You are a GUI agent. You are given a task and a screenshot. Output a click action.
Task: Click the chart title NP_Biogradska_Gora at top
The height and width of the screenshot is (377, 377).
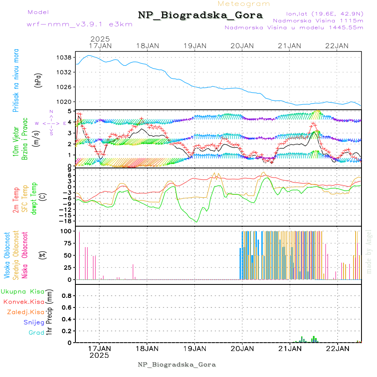[x=200, y=15]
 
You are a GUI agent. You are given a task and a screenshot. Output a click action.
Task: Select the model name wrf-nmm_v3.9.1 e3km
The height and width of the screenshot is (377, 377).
[x=80, y=24]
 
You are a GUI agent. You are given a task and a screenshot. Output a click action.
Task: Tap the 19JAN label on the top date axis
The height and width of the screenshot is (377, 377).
[x=195, y=46]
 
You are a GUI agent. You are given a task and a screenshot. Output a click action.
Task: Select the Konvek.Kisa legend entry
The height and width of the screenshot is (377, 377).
[x=23, y=302]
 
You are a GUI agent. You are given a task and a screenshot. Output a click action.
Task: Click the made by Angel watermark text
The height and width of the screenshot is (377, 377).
[x=369, y=251]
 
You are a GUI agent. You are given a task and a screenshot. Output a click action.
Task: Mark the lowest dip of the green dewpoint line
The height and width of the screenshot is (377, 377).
[x=196, y=222]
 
